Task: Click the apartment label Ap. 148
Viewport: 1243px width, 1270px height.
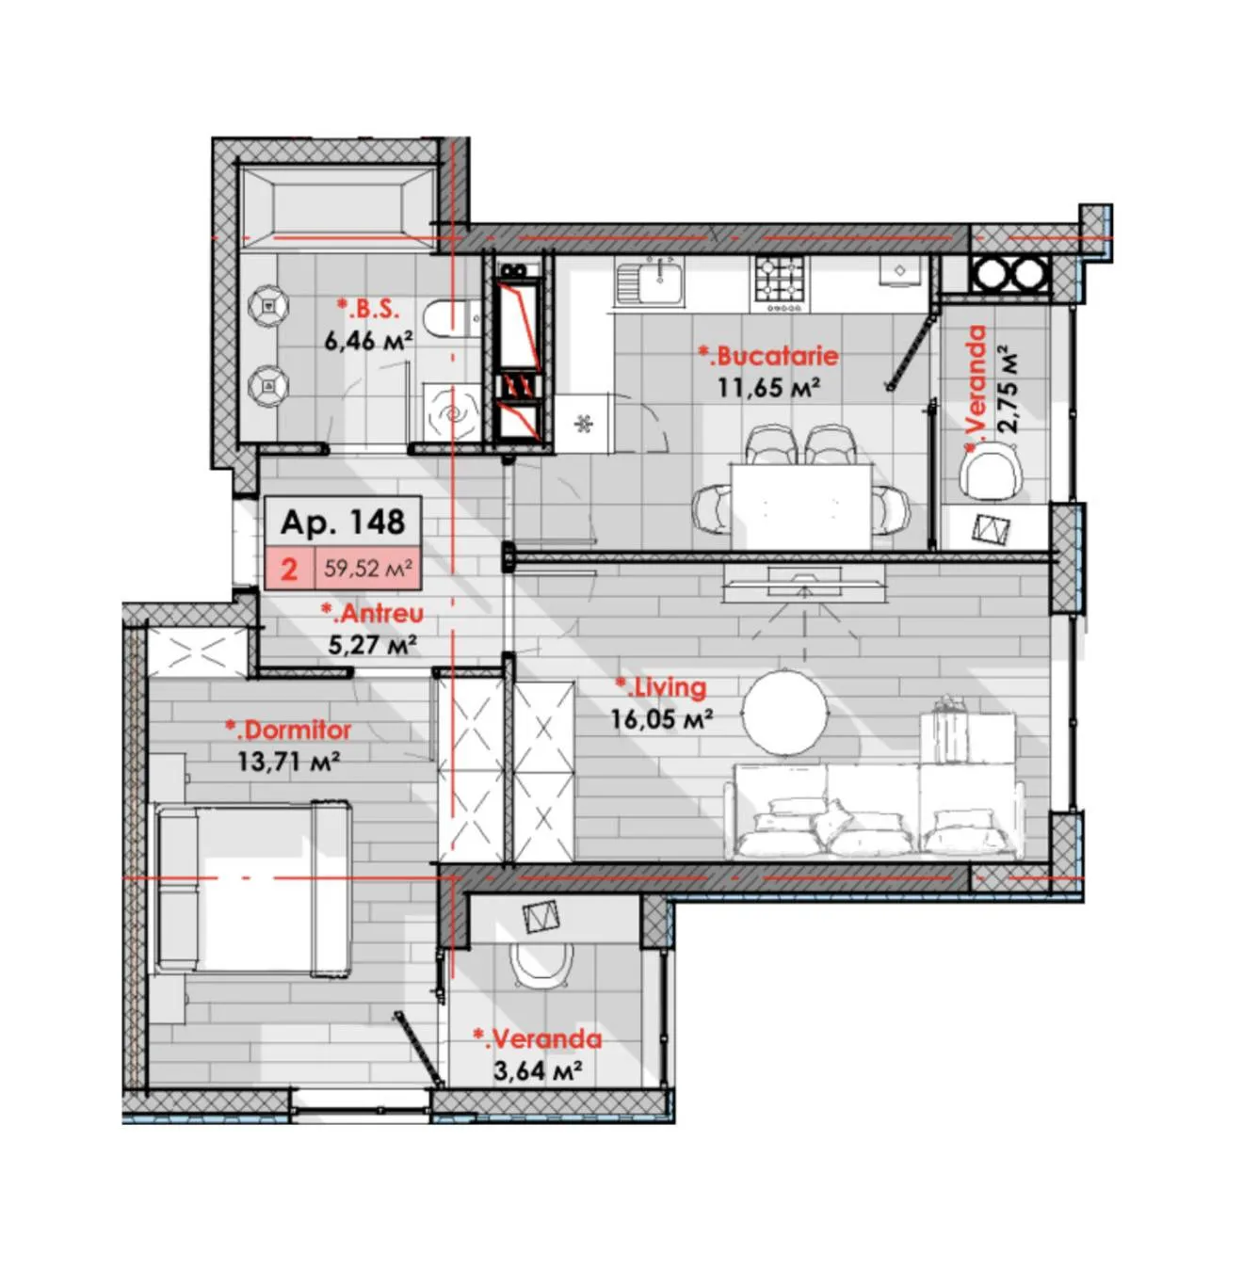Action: (343, 522)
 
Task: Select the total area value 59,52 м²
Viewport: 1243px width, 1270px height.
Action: (368, 569)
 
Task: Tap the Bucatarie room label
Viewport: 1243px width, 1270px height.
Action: (768, 356)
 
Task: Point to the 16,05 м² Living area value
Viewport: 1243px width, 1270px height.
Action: (661, 719)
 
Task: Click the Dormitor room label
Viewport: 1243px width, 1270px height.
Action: (288, 730)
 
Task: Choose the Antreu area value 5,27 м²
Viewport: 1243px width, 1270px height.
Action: (372, 646)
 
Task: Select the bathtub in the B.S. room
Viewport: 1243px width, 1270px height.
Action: (337, 207)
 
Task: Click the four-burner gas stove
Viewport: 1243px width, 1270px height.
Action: (781, 283)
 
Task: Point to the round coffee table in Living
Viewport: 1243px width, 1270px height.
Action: (786, 710)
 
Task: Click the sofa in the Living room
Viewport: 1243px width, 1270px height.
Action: (874, 811)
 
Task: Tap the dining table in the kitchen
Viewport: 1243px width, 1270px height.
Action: (801, 506)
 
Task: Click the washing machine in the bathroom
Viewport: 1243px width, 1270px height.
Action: (453, 413)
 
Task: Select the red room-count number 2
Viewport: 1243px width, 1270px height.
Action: (289, 569)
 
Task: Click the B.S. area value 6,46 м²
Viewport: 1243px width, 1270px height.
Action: (369, 340)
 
